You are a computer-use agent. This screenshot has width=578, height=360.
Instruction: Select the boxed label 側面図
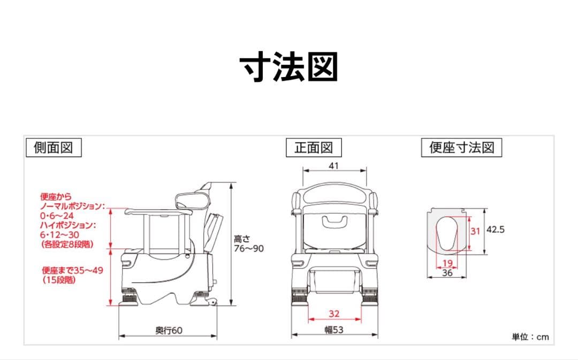53,148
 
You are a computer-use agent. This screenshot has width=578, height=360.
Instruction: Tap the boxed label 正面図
314,148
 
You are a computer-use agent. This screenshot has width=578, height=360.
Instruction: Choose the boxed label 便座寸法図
461,148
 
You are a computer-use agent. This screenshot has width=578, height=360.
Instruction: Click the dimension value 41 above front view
334,166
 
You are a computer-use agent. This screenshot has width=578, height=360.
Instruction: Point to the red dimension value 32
334,313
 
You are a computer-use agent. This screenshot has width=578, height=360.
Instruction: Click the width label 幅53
334,330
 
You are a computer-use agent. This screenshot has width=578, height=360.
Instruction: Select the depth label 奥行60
169,331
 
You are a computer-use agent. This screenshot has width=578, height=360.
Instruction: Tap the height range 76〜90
248,249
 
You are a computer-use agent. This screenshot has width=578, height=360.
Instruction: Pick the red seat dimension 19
448,263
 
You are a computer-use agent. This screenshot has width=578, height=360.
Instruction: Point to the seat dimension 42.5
496,229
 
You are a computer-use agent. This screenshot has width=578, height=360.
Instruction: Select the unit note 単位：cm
530,337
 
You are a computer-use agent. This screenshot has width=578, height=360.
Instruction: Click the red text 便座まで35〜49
72,270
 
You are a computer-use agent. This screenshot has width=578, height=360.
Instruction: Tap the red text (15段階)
58,279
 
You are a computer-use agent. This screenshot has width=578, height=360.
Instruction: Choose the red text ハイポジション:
68,225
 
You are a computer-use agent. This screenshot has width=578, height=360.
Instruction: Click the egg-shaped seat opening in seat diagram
448,235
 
